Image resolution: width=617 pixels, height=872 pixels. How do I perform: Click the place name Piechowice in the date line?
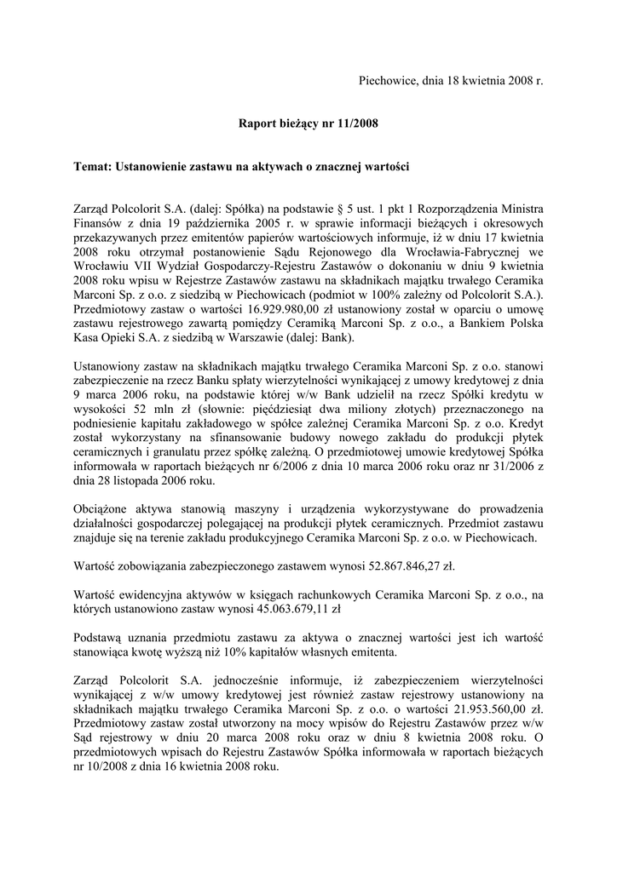tap(386, 81)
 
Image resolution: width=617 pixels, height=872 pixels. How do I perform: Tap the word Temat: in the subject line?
tap(92, 167)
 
